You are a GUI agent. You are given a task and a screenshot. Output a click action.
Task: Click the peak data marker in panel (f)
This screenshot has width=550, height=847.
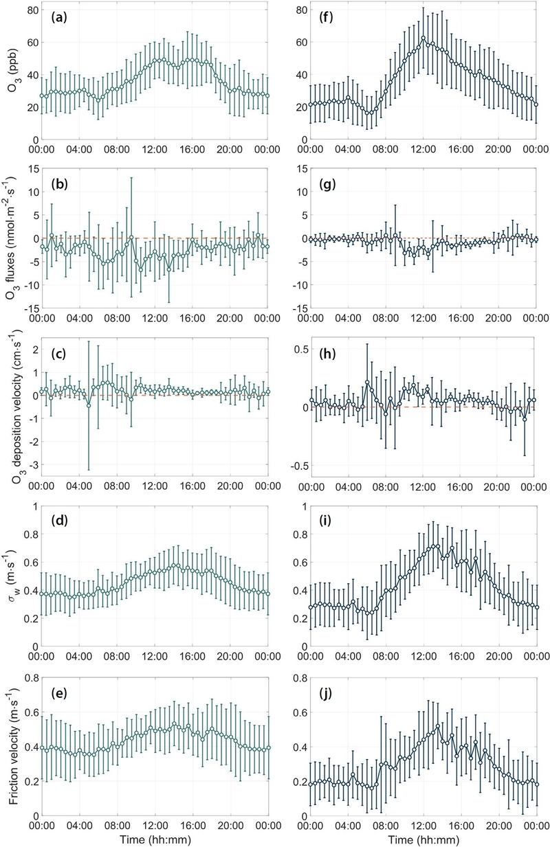423,38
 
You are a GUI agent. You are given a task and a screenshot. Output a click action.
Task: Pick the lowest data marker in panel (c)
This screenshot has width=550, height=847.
89,405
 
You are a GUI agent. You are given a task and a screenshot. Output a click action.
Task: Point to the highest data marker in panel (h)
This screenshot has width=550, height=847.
368,383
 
